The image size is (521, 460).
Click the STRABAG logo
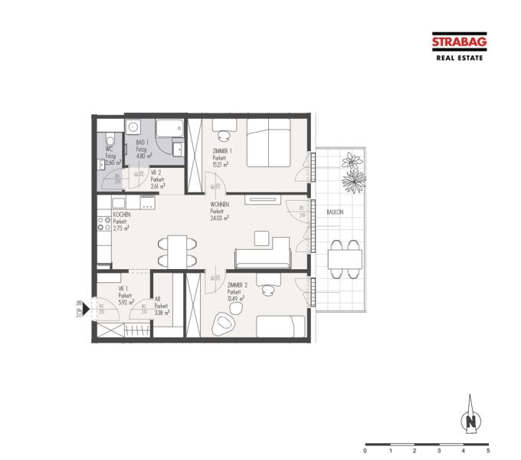pos(458,43)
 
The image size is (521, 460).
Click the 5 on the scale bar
pos(487,452)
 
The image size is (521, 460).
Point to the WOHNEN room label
pos(221,205)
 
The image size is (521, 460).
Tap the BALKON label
pos(333,211)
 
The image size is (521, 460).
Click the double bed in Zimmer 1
pos(268,142)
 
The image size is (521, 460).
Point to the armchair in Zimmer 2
pos(227,322)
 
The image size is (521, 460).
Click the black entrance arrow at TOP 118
pos(85,302)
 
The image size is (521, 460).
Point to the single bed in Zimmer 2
pos(280,327)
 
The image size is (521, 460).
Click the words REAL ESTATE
pos(458,58)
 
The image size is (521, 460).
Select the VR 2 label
pos(154,173)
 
